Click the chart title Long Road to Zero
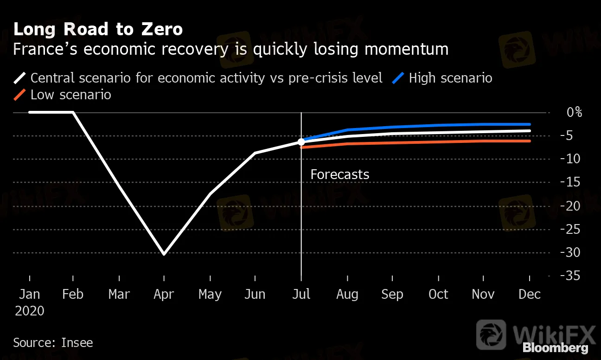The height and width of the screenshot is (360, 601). point(98,30)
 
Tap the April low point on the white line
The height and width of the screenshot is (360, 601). point(164,254)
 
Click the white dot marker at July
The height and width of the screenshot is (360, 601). point(301,141)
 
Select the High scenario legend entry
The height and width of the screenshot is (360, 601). point(450,77)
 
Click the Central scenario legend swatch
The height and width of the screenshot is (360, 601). point(20,77)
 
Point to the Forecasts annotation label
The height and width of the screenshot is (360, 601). point(340,174)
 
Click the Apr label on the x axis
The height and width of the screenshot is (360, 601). point(164,294)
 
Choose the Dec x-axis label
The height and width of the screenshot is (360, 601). point(530,294)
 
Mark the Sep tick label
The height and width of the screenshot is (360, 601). point(392,294)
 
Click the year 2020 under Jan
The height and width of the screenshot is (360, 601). point(30,310)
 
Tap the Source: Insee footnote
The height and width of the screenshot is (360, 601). point(53,343)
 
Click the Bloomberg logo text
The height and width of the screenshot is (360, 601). point(555,347)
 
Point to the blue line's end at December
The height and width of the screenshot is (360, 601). point(530,124)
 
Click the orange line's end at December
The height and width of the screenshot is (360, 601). point(530,141)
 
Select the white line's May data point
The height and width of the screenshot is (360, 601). point(210,193)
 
